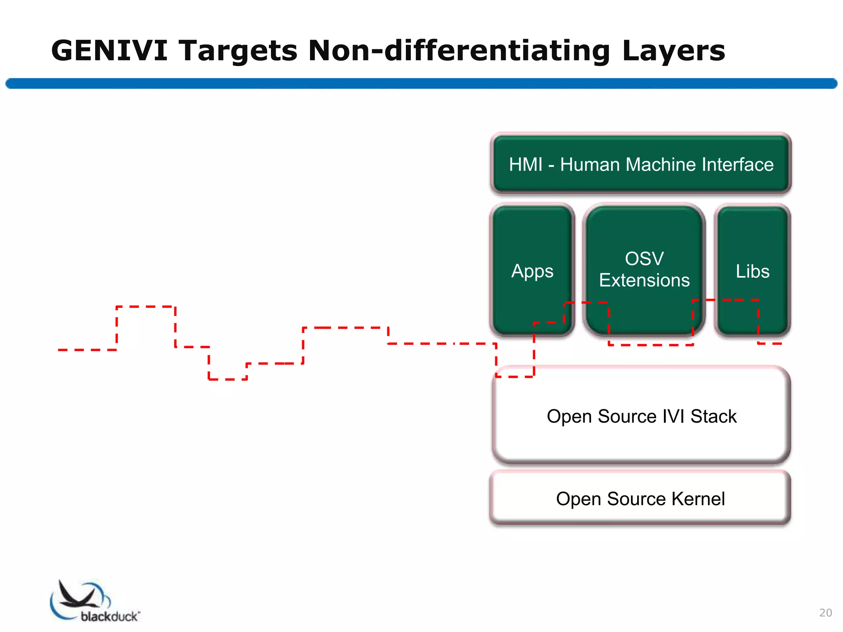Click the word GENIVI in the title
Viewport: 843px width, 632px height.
tap(109, 51)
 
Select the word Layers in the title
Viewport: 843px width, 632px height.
tap(673, 51)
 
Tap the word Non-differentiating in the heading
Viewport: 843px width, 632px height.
tap(459, 51)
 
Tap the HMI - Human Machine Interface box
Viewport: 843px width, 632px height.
tap(641, 165)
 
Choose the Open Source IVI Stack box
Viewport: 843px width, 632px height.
tap(641, 436)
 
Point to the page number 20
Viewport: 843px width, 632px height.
tap(825, 613)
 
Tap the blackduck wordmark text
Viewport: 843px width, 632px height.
tap(109, 616)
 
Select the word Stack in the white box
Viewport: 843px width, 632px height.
tap(713, 416)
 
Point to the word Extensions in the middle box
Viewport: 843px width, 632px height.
tap(644, 280)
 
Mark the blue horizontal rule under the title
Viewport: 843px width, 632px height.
tap(421, 84)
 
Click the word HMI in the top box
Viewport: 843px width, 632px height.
tap(526, 165)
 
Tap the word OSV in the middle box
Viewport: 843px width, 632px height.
tap(644, 259)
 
